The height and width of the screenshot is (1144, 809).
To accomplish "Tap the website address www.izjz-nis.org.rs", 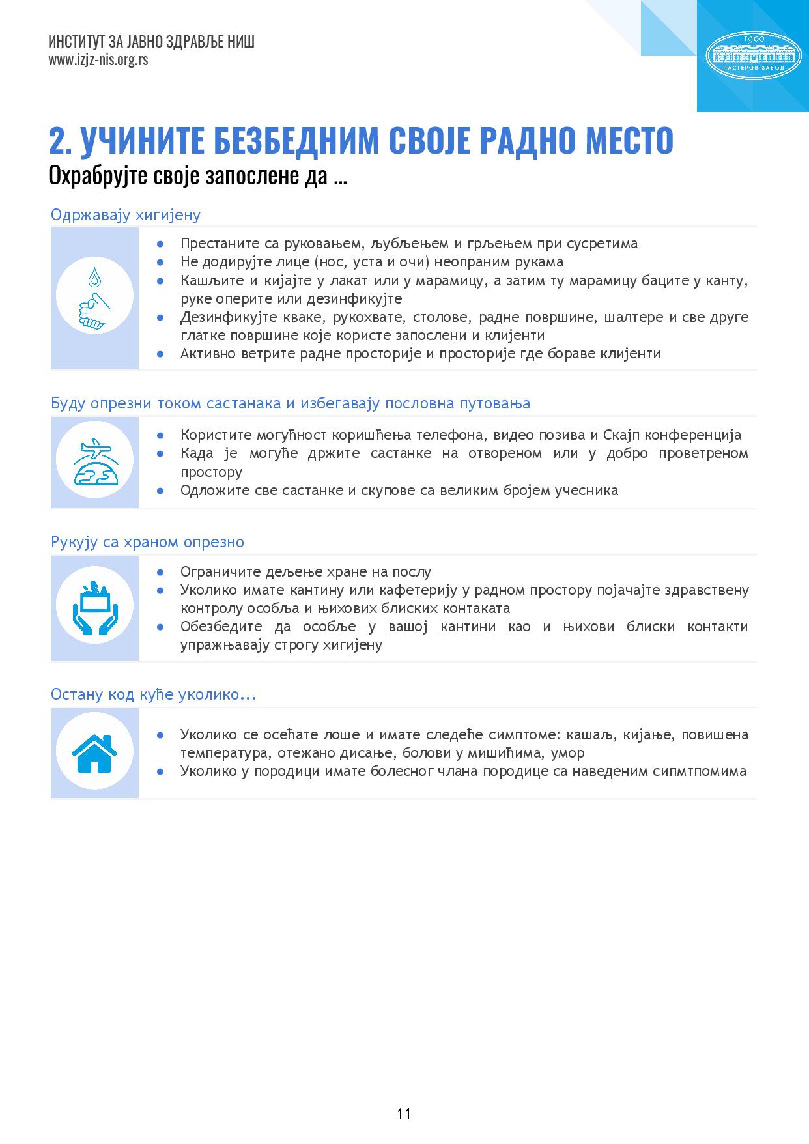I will [98, 61].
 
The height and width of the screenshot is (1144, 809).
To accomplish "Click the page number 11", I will [404, 1113].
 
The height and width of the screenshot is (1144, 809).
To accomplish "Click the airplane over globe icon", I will [94, 461].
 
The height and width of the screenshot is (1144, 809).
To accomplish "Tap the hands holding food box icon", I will [94, 607].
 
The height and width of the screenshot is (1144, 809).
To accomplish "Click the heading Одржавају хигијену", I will [126, 215].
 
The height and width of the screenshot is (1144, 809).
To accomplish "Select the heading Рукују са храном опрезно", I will [147, 542].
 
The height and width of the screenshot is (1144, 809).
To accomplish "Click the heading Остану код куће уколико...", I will [153, 694].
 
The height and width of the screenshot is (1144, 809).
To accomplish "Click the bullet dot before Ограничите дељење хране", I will [160, 572].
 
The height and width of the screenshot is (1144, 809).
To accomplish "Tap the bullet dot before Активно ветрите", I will [160, 354].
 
